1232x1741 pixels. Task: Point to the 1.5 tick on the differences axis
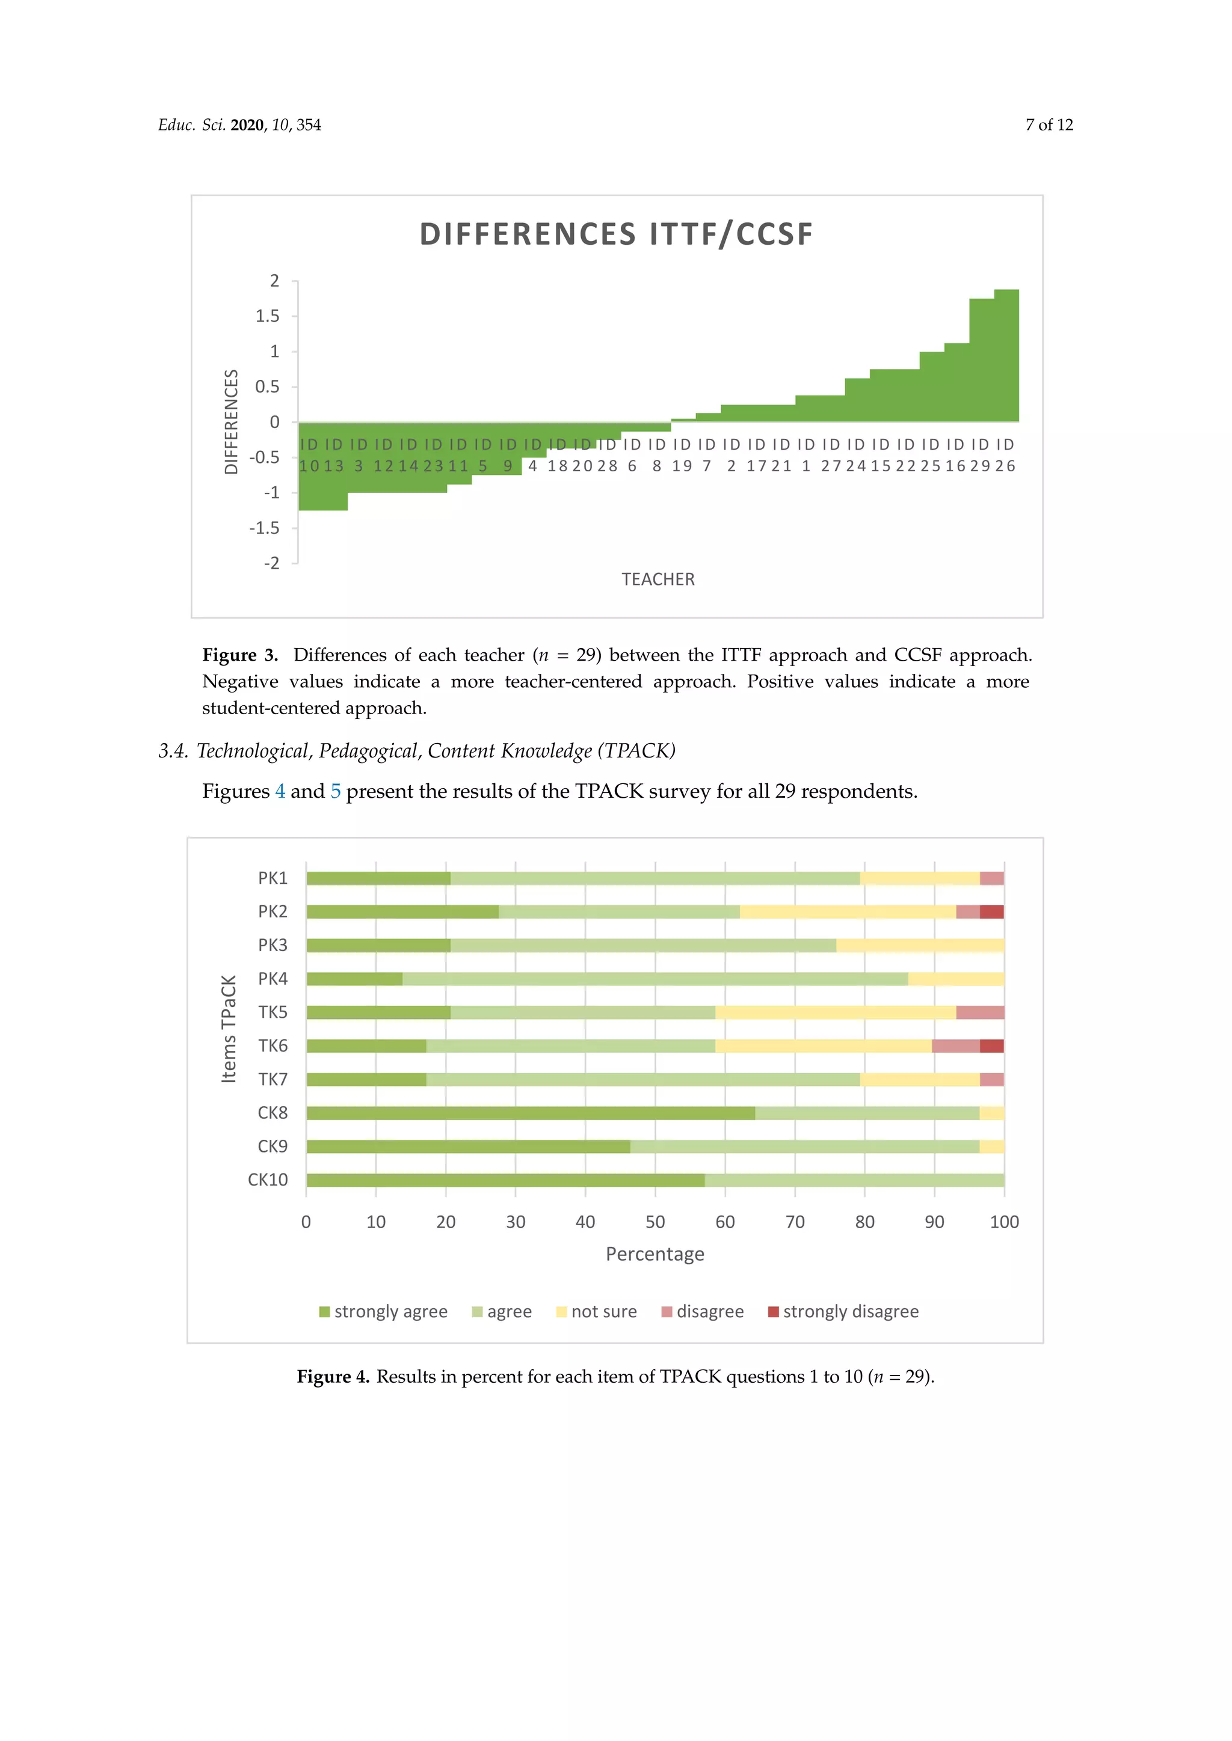click(267, 316)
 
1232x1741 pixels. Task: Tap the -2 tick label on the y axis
click(271, 563)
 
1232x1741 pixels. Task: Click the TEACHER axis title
click(658, 580)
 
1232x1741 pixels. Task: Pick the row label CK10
click(268, 1180)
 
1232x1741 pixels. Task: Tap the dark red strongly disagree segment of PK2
click(991, 911)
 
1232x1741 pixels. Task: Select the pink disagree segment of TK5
click(979, 1012)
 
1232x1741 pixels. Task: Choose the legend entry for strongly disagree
click(843, 1312)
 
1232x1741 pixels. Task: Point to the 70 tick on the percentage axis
click(795, 1222)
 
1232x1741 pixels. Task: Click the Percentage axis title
click(654, 1254)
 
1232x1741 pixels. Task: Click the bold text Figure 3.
click(240, 655)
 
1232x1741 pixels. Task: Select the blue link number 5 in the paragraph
click(335, 792)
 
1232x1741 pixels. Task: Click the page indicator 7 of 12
click(1049, 125)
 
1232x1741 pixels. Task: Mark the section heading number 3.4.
click(173, 751)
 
